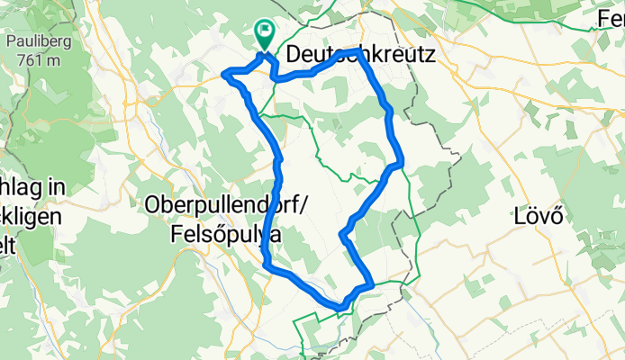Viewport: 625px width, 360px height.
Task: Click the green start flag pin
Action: (265, 34)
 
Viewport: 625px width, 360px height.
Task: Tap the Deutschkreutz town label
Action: (360, 56)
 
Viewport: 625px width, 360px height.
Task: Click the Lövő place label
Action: (538, 216)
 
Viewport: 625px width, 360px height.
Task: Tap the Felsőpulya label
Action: (224, 234)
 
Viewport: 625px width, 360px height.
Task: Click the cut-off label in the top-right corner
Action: (612, 16)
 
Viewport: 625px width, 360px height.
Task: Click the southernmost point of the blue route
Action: (339, 308)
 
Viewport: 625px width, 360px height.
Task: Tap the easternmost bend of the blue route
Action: (399, 163)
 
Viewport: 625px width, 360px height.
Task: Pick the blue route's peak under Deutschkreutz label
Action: (359, 52)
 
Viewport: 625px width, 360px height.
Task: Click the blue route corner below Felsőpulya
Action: (267, 264)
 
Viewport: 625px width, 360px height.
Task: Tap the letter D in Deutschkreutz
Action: (294, 56)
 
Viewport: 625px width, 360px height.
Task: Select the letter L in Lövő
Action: (519, 216)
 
